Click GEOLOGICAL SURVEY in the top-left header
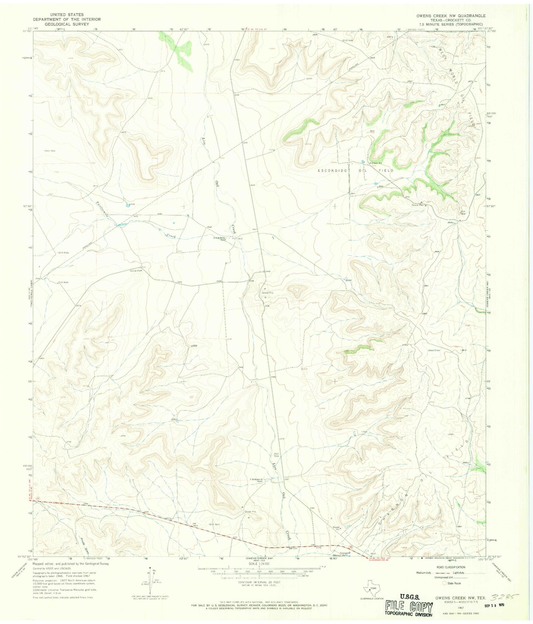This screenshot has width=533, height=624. [x=66, y=24]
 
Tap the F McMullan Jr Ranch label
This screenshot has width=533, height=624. [x=261, y=480]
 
